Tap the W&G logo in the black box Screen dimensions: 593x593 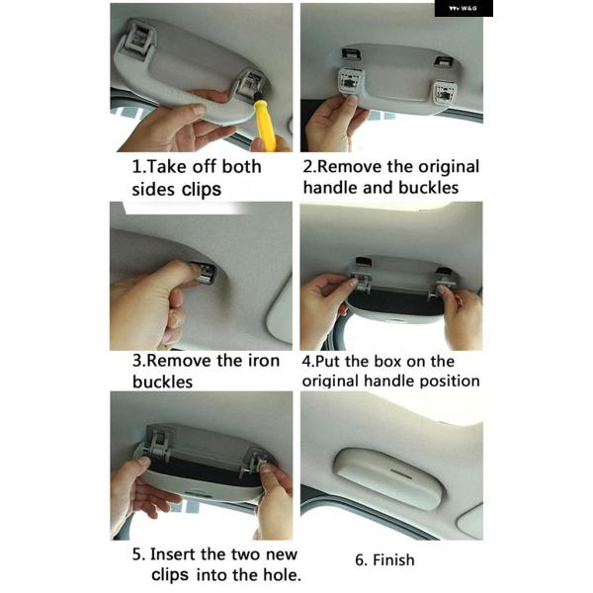463,8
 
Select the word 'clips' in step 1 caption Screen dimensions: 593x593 202,190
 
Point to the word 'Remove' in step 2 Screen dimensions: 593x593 348,166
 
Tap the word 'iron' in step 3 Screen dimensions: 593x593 264,361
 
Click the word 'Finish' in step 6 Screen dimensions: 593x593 393,559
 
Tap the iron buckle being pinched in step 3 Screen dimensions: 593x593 205,273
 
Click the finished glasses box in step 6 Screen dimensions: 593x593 389,478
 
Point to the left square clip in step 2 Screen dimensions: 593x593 351,82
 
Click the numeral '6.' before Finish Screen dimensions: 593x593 361,559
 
